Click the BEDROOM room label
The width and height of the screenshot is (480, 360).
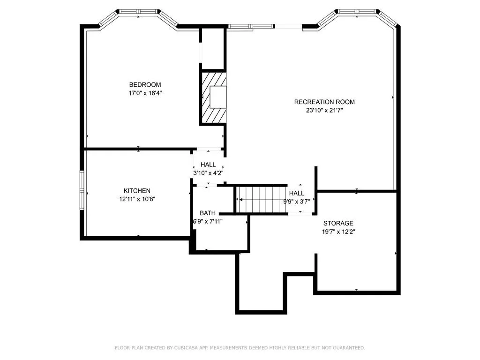pyautogui.click(x=145, y=85)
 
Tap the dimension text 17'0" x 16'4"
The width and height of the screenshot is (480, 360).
pyautogui.click(x=145, y=93)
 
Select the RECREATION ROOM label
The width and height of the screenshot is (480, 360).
pyautogui.click(x=324, y=102)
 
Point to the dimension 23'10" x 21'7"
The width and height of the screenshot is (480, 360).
pyautogui.click(x=324, y=111)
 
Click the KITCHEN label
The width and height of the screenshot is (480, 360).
pyautogui.click(x=137, y=191)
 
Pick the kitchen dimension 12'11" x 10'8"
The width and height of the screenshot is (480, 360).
pyautogui.click(x=137, y=199)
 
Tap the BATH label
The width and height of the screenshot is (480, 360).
pyautogui.click(x=208, y=213)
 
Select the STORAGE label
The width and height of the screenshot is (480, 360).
pyautogui.click(x=338, y=224)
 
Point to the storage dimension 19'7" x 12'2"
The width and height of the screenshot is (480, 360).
pyautogui.click(x=338, y=232)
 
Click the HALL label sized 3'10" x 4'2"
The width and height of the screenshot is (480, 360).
pyautogui.click(x=208, y=165)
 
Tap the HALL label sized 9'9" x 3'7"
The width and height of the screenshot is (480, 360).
pyautogui.click(x=296, y=193)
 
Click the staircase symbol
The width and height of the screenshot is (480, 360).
pyautogui.click(x=261, y=199)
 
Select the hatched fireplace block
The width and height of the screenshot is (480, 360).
pyautogui.click(x=213, y=97)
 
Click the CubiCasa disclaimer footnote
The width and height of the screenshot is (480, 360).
pyautogui.click(x=240, y=348)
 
